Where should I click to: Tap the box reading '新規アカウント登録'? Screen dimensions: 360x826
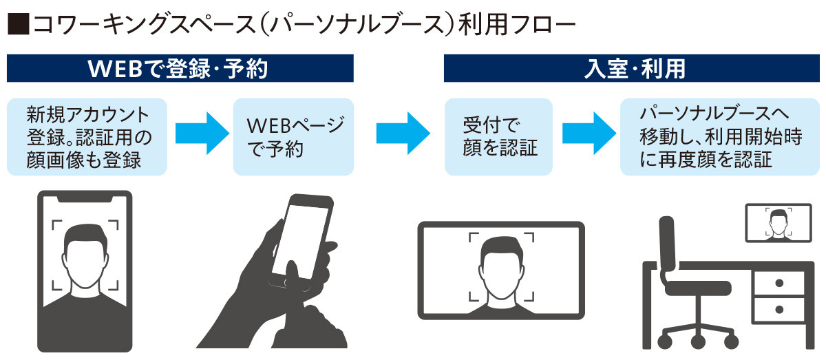[x=87, y=136]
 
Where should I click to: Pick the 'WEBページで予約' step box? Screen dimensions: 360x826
[x=294, y=136]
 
